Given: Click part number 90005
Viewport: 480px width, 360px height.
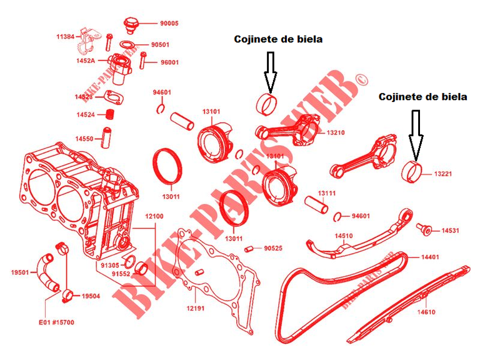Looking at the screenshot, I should pos(169,23).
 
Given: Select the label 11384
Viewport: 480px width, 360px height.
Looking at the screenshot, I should pos(65,37).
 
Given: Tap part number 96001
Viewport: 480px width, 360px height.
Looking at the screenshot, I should pos(169,62).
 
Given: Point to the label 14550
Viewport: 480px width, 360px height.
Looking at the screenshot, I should pos(85,138).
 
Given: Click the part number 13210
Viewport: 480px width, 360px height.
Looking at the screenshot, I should pos(336,132).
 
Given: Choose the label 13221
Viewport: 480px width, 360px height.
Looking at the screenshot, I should pos(443,174).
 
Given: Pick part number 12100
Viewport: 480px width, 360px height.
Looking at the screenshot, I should pos(154,216).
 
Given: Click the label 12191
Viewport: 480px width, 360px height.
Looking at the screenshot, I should pos(196,308).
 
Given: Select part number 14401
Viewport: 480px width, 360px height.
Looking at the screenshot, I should pos(429,257).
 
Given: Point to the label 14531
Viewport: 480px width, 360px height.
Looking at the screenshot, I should pos(450,231).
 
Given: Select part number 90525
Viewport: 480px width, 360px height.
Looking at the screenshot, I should pos(272,248).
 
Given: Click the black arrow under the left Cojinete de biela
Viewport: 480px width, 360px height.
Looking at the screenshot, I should pos(270,72).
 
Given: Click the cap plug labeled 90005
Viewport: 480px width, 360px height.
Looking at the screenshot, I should pos(132,25).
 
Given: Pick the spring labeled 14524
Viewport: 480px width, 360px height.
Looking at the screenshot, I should pos(109,115).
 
